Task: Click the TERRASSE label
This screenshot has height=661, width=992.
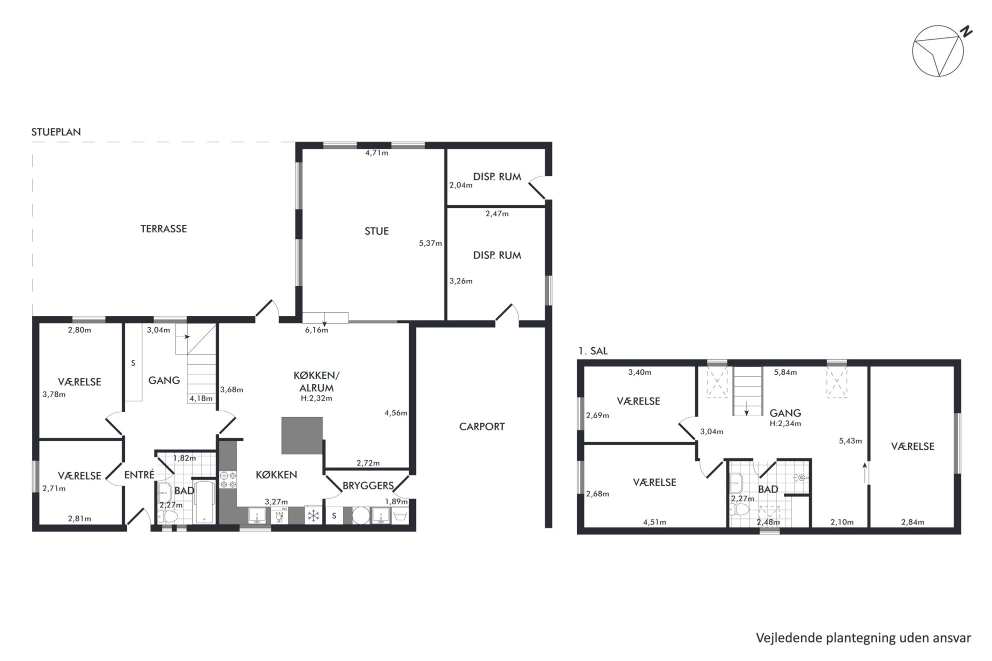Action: [x=163, y=229]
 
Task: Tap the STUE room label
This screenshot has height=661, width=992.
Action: [x=376, y=231]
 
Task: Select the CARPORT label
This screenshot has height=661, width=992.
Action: [x=482, y=427]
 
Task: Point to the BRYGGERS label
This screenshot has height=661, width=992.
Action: [x=368, y=485]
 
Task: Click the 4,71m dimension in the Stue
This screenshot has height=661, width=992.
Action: [x=377, y=153]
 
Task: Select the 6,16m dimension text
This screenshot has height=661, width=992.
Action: [x=316, y=330]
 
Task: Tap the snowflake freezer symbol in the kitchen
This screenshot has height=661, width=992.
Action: [x=313, y=515]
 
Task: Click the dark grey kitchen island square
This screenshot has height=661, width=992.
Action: [x=302, y=436]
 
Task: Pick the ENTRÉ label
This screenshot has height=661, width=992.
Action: [x=139, y=475]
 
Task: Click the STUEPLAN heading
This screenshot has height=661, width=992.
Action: [x=56, y=132]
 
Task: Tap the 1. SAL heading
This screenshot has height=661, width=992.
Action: [x=593, y=351]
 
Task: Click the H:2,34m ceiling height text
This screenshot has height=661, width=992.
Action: [x=785, y=423]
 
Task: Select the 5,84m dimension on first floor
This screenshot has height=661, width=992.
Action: [x=785, y=372]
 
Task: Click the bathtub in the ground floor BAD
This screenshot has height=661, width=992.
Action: [x=204, y=502]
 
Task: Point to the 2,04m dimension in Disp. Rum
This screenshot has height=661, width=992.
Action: [x=461, y=185]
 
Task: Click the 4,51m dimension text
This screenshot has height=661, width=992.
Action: [x=654, y=523]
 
